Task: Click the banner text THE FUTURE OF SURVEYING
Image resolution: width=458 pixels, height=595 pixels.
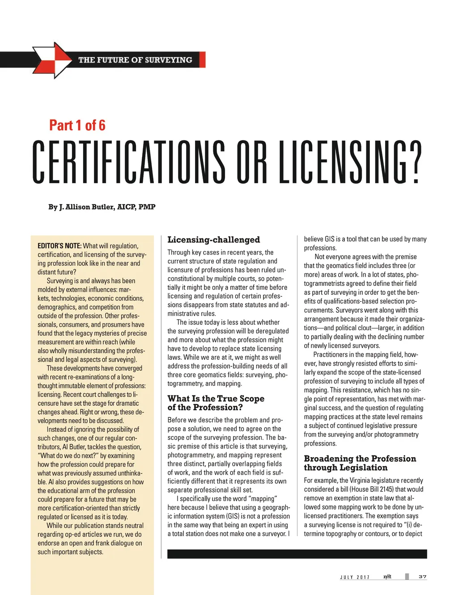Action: pyautogui.click(x=135, y=60)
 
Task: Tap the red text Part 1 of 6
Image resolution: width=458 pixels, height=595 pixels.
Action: pyautogui.click(x=77, y=125)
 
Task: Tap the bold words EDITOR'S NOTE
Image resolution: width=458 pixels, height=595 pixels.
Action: pyautogui.click(x=59, y=246)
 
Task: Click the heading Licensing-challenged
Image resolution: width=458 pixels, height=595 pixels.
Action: pyautogui.click(x=213, y=240)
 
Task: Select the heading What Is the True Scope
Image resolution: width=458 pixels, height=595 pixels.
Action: pyautogui.click(x=216, y=399)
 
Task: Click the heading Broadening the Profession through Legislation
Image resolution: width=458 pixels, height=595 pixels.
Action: pyautogui.click(x=360, y=463)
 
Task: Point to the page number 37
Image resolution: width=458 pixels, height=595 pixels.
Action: pyautogui.click(x=422, y=577)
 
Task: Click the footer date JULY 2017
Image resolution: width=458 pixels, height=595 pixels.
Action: pyautogui.click(x=355, y=577)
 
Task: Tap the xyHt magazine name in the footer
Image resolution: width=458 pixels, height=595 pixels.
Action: pyautogui.click(x=387, y=577)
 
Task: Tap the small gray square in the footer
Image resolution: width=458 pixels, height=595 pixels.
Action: pyautogui.click(x=407, y=577)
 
